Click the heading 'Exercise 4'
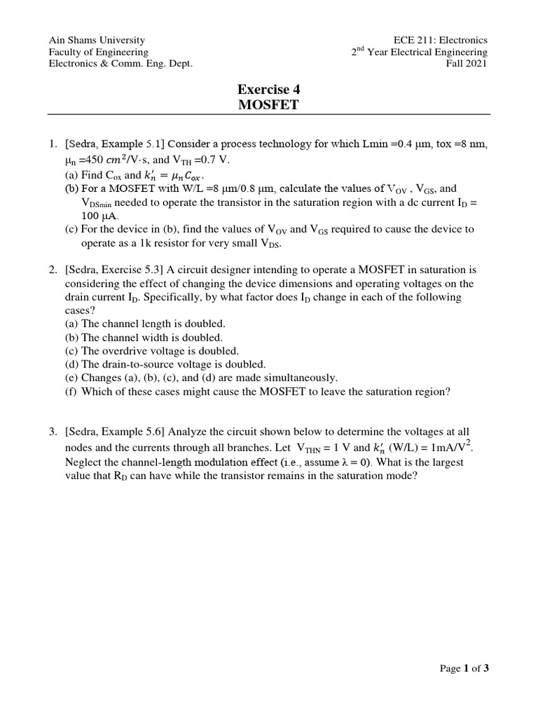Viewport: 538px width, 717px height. tap(269, 89)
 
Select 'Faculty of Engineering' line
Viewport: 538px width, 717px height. tap(98, 53)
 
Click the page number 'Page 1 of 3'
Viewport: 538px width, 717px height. tap(464, 668)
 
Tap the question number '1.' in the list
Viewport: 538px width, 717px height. tap(53, 144)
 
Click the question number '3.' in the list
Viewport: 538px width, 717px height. tap(53, 434)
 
